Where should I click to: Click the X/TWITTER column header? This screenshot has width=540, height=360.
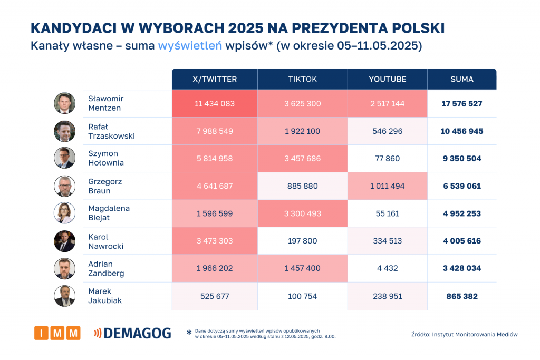coord(214,79)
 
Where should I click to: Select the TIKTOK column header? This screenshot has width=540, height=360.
coord(302,79)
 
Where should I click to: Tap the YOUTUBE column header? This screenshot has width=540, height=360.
coord(387,79)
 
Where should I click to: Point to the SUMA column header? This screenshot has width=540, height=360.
coord(461,79)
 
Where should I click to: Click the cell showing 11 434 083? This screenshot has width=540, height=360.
coord(214,104)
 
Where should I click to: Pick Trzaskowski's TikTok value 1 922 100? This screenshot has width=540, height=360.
coord(302,131)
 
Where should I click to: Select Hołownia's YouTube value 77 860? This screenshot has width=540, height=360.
coord(387,159)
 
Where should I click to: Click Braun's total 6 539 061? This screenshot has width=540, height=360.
coord(461,186)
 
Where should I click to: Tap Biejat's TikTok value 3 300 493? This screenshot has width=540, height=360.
coord(302,213)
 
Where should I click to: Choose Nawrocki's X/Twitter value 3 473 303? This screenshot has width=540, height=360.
coord(214,241)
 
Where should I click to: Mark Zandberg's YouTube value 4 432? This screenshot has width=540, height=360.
coord(387,268)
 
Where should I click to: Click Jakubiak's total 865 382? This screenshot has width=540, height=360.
coord(461,296)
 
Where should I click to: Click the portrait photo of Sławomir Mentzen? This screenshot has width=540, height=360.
coord(64,103)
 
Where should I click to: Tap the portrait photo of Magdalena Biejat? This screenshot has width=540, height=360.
coord(64,213)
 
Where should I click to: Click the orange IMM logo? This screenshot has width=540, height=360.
coord(57,333)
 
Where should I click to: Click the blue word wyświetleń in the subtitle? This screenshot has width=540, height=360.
coord(189,46)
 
